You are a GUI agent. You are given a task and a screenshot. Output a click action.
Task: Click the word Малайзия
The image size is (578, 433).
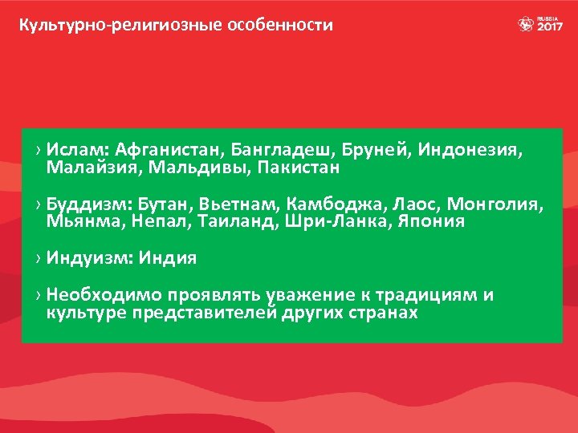(x=87, y=168)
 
